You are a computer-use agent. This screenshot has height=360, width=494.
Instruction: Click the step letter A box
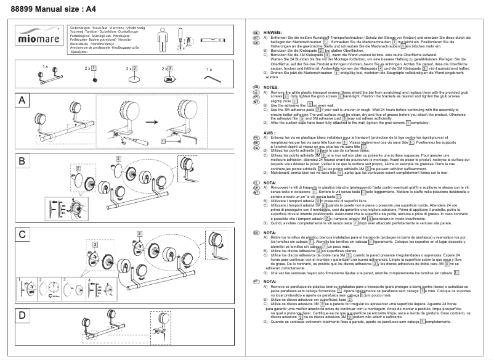[22, 100]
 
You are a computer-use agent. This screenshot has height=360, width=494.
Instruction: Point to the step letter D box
[22, 316]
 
